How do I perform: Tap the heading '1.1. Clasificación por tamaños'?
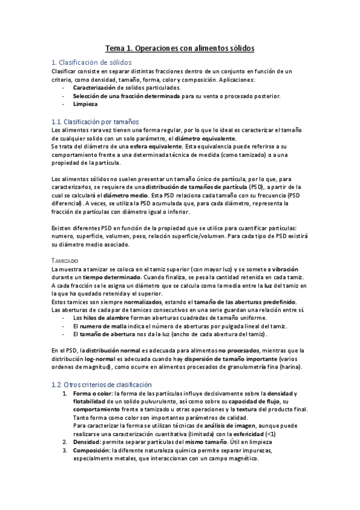[96, 121]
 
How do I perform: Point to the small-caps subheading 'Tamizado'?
[64, 260]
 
